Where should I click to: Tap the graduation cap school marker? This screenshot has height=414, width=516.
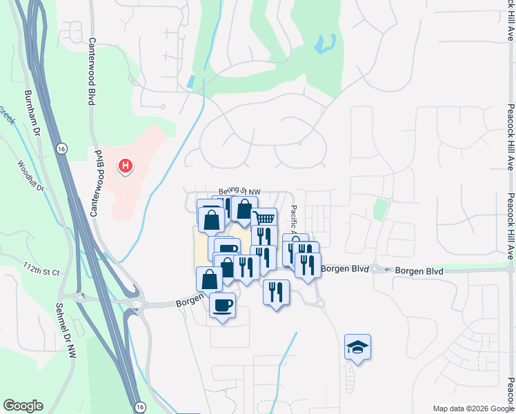click(357, 346)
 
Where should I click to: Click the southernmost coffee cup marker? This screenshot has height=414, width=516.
click(222, 305)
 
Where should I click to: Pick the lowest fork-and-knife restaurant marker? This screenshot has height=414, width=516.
click(276, 292)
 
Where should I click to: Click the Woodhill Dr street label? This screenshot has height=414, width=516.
click(30, 175)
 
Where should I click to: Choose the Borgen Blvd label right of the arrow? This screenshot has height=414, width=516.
click(419, 271)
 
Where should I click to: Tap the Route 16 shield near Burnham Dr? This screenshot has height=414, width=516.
click(62, 148)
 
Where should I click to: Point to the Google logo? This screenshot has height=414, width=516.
click(23, 406)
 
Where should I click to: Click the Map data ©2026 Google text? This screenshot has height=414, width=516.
click(473, 408)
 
